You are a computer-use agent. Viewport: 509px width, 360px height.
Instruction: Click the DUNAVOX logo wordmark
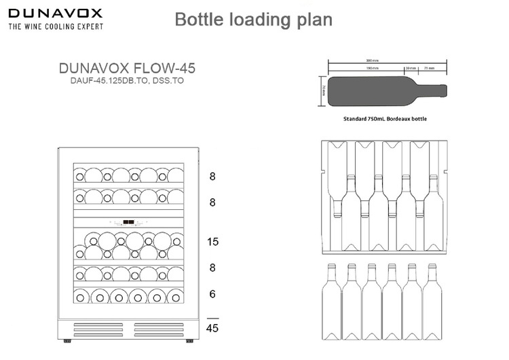coord(55,12)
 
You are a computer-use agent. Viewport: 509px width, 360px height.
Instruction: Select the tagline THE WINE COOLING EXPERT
coord(56,26)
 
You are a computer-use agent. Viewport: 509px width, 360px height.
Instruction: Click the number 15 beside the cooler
coord(212,242)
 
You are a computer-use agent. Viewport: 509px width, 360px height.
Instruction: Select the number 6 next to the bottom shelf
coord(212,294)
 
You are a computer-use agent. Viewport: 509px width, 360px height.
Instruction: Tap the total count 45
coord(212,330)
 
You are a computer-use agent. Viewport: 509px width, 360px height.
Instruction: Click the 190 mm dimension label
coord(371,68)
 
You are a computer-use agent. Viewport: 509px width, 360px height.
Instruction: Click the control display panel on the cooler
coord(128,221)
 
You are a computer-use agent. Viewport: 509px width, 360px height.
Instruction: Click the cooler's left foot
coord(65,340)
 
